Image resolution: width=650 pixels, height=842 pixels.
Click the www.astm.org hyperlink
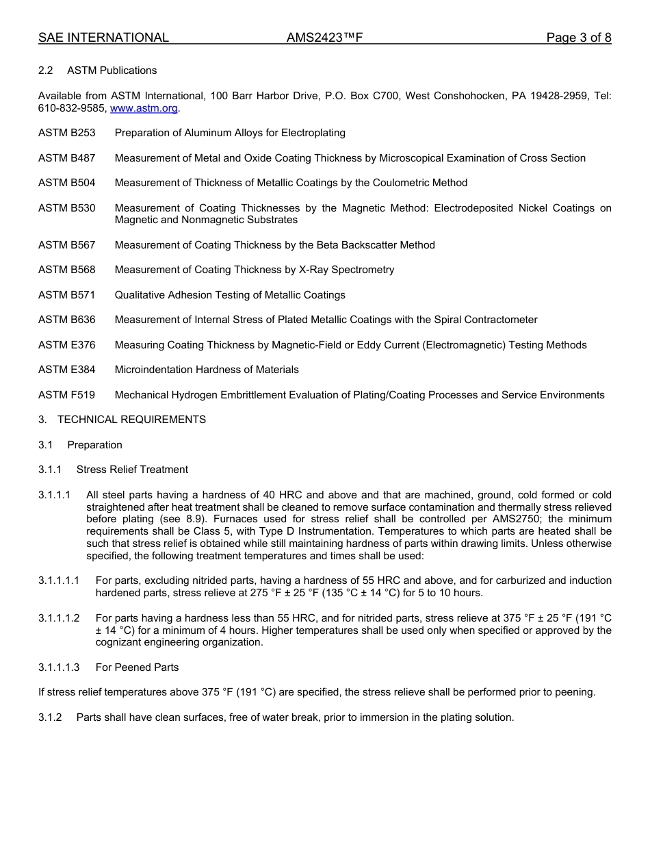[x=144, y=108]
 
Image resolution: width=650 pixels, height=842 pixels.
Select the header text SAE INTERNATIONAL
[x=103, y=38]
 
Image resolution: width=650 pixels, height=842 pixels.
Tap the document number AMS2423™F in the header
[x=324, y=38]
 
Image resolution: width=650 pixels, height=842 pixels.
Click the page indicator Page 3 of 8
[x=578, y=38]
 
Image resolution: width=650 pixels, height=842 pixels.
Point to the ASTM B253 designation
[x=67, y=133]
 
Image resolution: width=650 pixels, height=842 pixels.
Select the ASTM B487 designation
[x=67, y=158]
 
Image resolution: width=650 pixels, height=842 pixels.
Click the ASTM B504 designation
[x=67, y=183]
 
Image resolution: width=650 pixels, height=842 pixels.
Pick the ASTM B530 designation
[x=67, y=208]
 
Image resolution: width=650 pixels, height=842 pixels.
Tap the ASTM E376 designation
[x=67, y=345]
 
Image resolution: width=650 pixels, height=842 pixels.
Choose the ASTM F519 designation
[x=67, y=395]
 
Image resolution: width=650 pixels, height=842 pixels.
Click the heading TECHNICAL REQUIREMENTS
[x=131, y=420]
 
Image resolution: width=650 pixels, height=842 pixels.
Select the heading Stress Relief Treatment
[x=132, y=470]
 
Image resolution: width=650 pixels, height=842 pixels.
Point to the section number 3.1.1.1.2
[x=59, y=618]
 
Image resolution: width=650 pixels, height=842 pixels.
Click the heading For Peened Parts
[x=137, y=667]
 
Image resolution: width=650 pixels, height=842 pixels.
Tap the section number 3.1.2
[x=50, y=717]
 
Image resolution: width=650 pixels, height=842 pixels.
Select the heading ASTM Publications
[x=112, y=71]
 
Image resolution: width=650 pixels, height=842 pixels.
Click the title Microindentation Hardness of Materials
[x=207, y=370]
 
